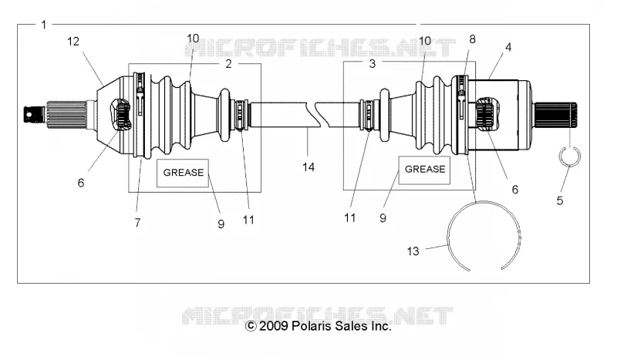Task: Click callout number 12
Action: [73, 42]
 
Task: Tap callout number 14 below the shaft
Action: [308, 167]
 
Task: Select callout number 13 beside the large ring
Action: [413, 251]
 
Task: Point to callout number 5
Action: [560, 200]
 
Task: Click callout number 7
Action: [137, 223]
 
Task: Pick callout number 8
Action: [472, 39]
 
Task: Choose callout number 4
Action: [508, 47]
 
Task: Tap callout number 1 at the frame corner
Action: [44, 25]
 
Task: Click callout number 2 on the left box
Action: [228, 64]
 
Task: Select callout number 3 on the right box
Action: [373, 63]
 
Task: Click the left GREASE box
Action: [183, 173]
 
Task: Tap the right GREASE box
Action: [425, 170]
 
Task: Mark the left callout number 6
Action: [81, 183]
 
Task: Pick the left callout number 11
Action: [248, 220]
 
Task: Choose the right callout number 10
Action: [425, 41]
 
